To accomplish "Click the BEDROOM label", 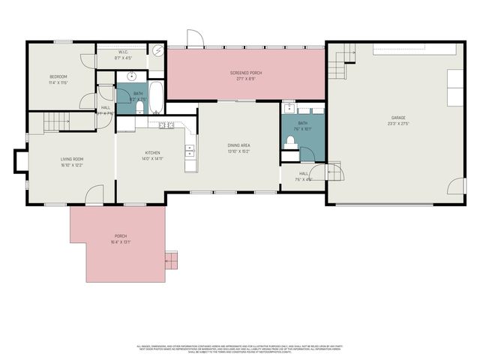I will pos(58,76).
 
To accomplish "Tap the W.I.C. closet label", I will pos(123,52).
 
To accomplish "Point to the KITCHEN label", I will pos(151,154).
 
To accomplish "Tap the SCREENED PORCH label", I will pos(246,73).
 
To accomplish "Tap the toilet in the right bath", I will pos(291,142).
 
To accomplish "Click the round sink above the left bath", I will pos(132,76).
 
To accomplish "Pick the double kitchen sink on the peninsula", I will pos(166,125).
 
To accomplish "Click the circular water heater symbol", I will pos(158,50).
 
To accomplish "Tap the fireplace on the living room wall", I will pos(20,161).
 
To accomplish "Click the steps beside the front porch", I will pos(172,259).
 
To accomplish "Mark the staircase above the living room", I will pos(56,121).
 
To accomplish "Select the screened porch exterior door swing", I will pos(194,38).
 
